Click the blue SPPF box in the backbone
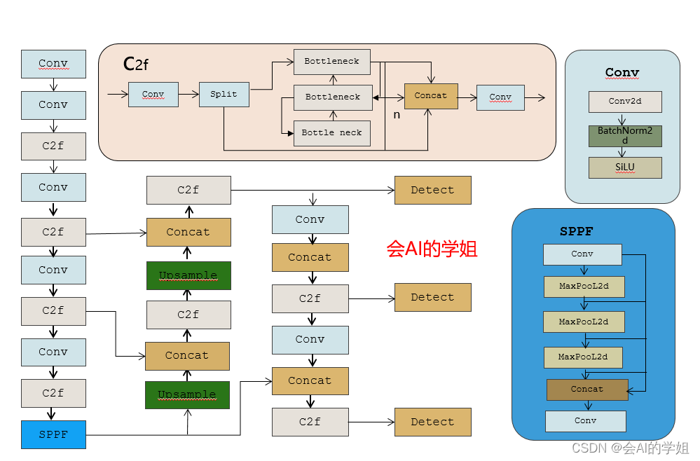pyautogui.click(x=53, y=434)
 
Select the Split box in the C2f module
pyautogui.click(x=224, y=95)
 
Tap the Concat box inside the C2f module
pyautogui.click(x=430, y=95)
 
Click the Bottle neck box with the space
pyautogui.click(x=331, y=132)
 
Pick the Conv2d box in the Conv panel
pyautogui.click(x=625, y=101)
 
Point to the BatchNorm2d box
pyautogui.click(x=625, y=135)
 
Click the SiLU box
pyautogui.click(x=625, y=167)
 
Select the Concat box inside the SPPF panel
pyautogui.click(x=587, y=390)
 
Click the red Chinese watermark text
pyautogui.click(x=432, y=249)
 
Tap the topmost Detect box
pyautogui.click(x=432, y=190)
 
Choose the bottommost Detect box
pyautogui.click(x=432, y=422)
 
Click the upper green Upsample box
pyautogui.click(x=188, y=275)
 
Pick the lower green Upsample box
pyautogui.click(x=187, y=395)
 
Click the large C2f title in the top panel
pyautogui.click(x=136, y=64)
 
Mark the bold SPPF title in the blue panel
pyautogui.click(x=577, y=231)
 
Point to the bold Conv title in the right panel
pyautogui.click(x=622, y=72)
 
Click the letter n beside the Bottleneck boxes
pyautogui.click(x=397, y=114)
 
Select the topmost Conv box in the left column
pyautogui.click(x=53, y=64)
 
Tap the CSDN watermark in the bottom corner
pyautogui.click(x=630, y=448)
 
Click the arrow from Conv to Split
pyautogui.click(x=188, y=95)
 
